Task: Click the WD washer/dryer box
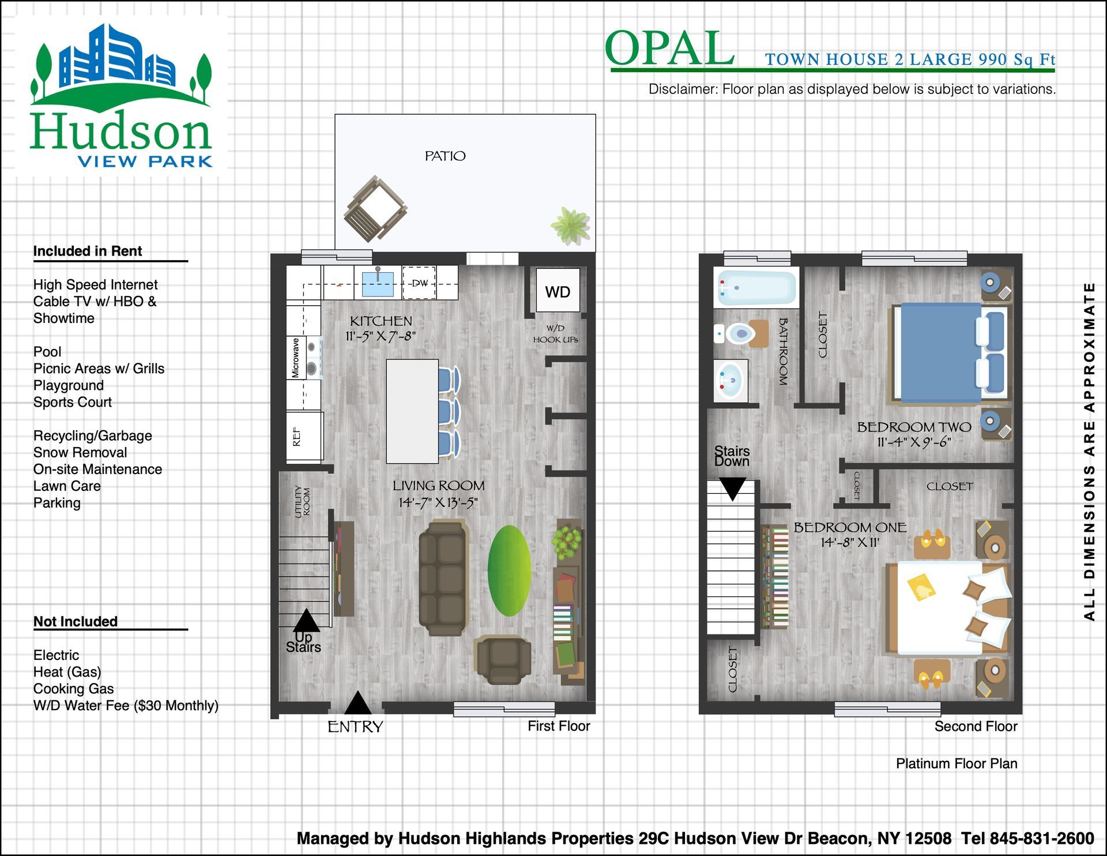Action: (558, 291)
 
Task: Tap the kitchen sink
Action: (378, 283)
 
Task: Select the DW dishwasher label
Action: (420, 283)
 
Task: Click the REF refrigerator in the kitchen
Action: (305, 436)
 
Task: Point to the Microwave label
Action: (295, 358)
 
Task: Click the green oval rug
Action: (509, 570)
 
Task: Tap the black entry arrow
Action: (358, 703)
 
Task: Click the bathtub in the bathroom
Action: (756, 287)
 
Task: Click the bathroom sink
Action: (731, 381)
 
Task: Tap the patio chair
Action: (375, 209)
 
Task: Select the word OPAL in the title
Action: (669, 48)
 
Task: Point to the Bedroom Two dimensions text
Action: (914, 442)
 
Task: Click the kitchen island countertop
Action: (412, 411)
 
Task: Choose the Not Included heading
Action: (76, 621)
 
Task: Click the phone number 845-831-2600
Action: (1042, 838)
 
